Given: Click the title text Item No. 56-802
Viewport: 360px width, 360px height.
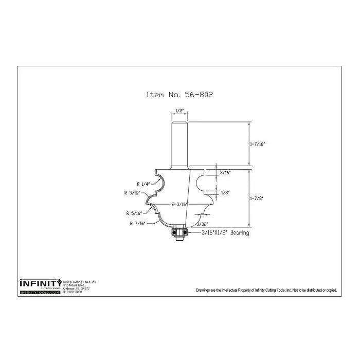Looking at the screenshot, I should pyautogui.click(x=179, y=95).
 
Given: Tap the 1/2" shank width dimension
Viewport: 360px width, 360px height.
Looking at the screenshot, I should pyautogui.click(x=179, y=111).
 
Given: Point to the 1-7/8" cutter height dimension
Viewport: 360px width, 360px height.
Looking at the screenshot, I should pyautogui.click(x=257, y=196).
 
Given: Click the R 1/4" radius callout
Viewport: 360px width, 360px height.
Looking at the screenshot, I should pyautogui.click(x=143, y=184).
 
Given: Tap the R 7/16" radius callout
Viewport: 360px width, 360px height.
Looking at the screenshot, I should pyautogui.click(x=138, y=223).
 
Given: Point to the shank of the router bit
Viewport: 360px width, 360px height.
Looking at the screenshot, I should pyautogui.click(x=179, y=141).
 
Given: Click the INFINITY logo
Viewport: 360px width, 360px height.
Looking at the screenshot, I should pyautogui.click(x=41, y=283).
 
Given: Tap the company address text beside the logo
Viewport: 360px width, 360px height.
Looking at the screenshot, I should pyautogui.click(x=80, y=287).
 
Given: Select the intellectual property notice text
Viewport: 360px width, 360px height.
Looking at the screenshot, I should pyautogui.click(x=266, y=291).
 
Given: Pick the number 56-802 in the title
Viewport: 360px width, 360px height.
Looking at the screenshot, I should pyautogui.click(x=198, y=95).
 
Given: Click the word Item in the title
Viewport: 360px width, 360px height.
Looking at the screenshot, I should pyautogui.click(x=155, y=95).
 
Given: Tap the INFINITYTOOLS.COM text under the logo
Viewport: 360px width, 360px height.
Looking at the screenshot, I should pyautogui.click(x=40, y=292).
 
